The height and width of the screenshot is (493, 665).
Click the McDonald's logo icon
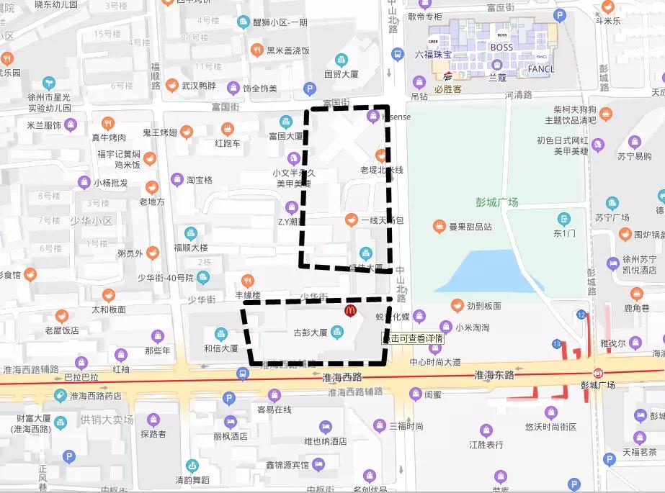350,311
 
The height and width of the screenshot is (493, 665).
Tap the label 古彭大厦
311,333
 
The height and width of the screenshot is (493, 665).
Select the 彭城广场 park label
496,202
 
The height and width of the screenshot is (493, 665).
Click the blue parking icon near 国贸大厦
311,89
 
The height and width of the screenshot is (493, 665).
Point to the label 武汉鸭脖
199,86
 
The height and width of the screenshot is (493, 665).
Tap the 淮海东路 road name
494,375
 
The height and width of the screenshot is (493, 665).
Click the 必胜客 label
448,90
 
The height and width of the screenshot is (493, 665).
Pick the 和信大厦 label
220,348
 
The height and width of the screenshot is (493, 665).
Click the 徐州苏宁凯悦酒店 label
638,264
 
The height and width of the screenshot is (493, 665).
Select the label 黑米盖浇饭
288,50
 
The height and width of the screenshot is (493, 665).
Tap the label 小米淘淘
472,327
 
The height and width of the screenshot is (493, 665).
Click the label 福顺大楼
190,248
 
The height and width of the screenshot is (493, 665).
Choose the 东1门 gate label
563,233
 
